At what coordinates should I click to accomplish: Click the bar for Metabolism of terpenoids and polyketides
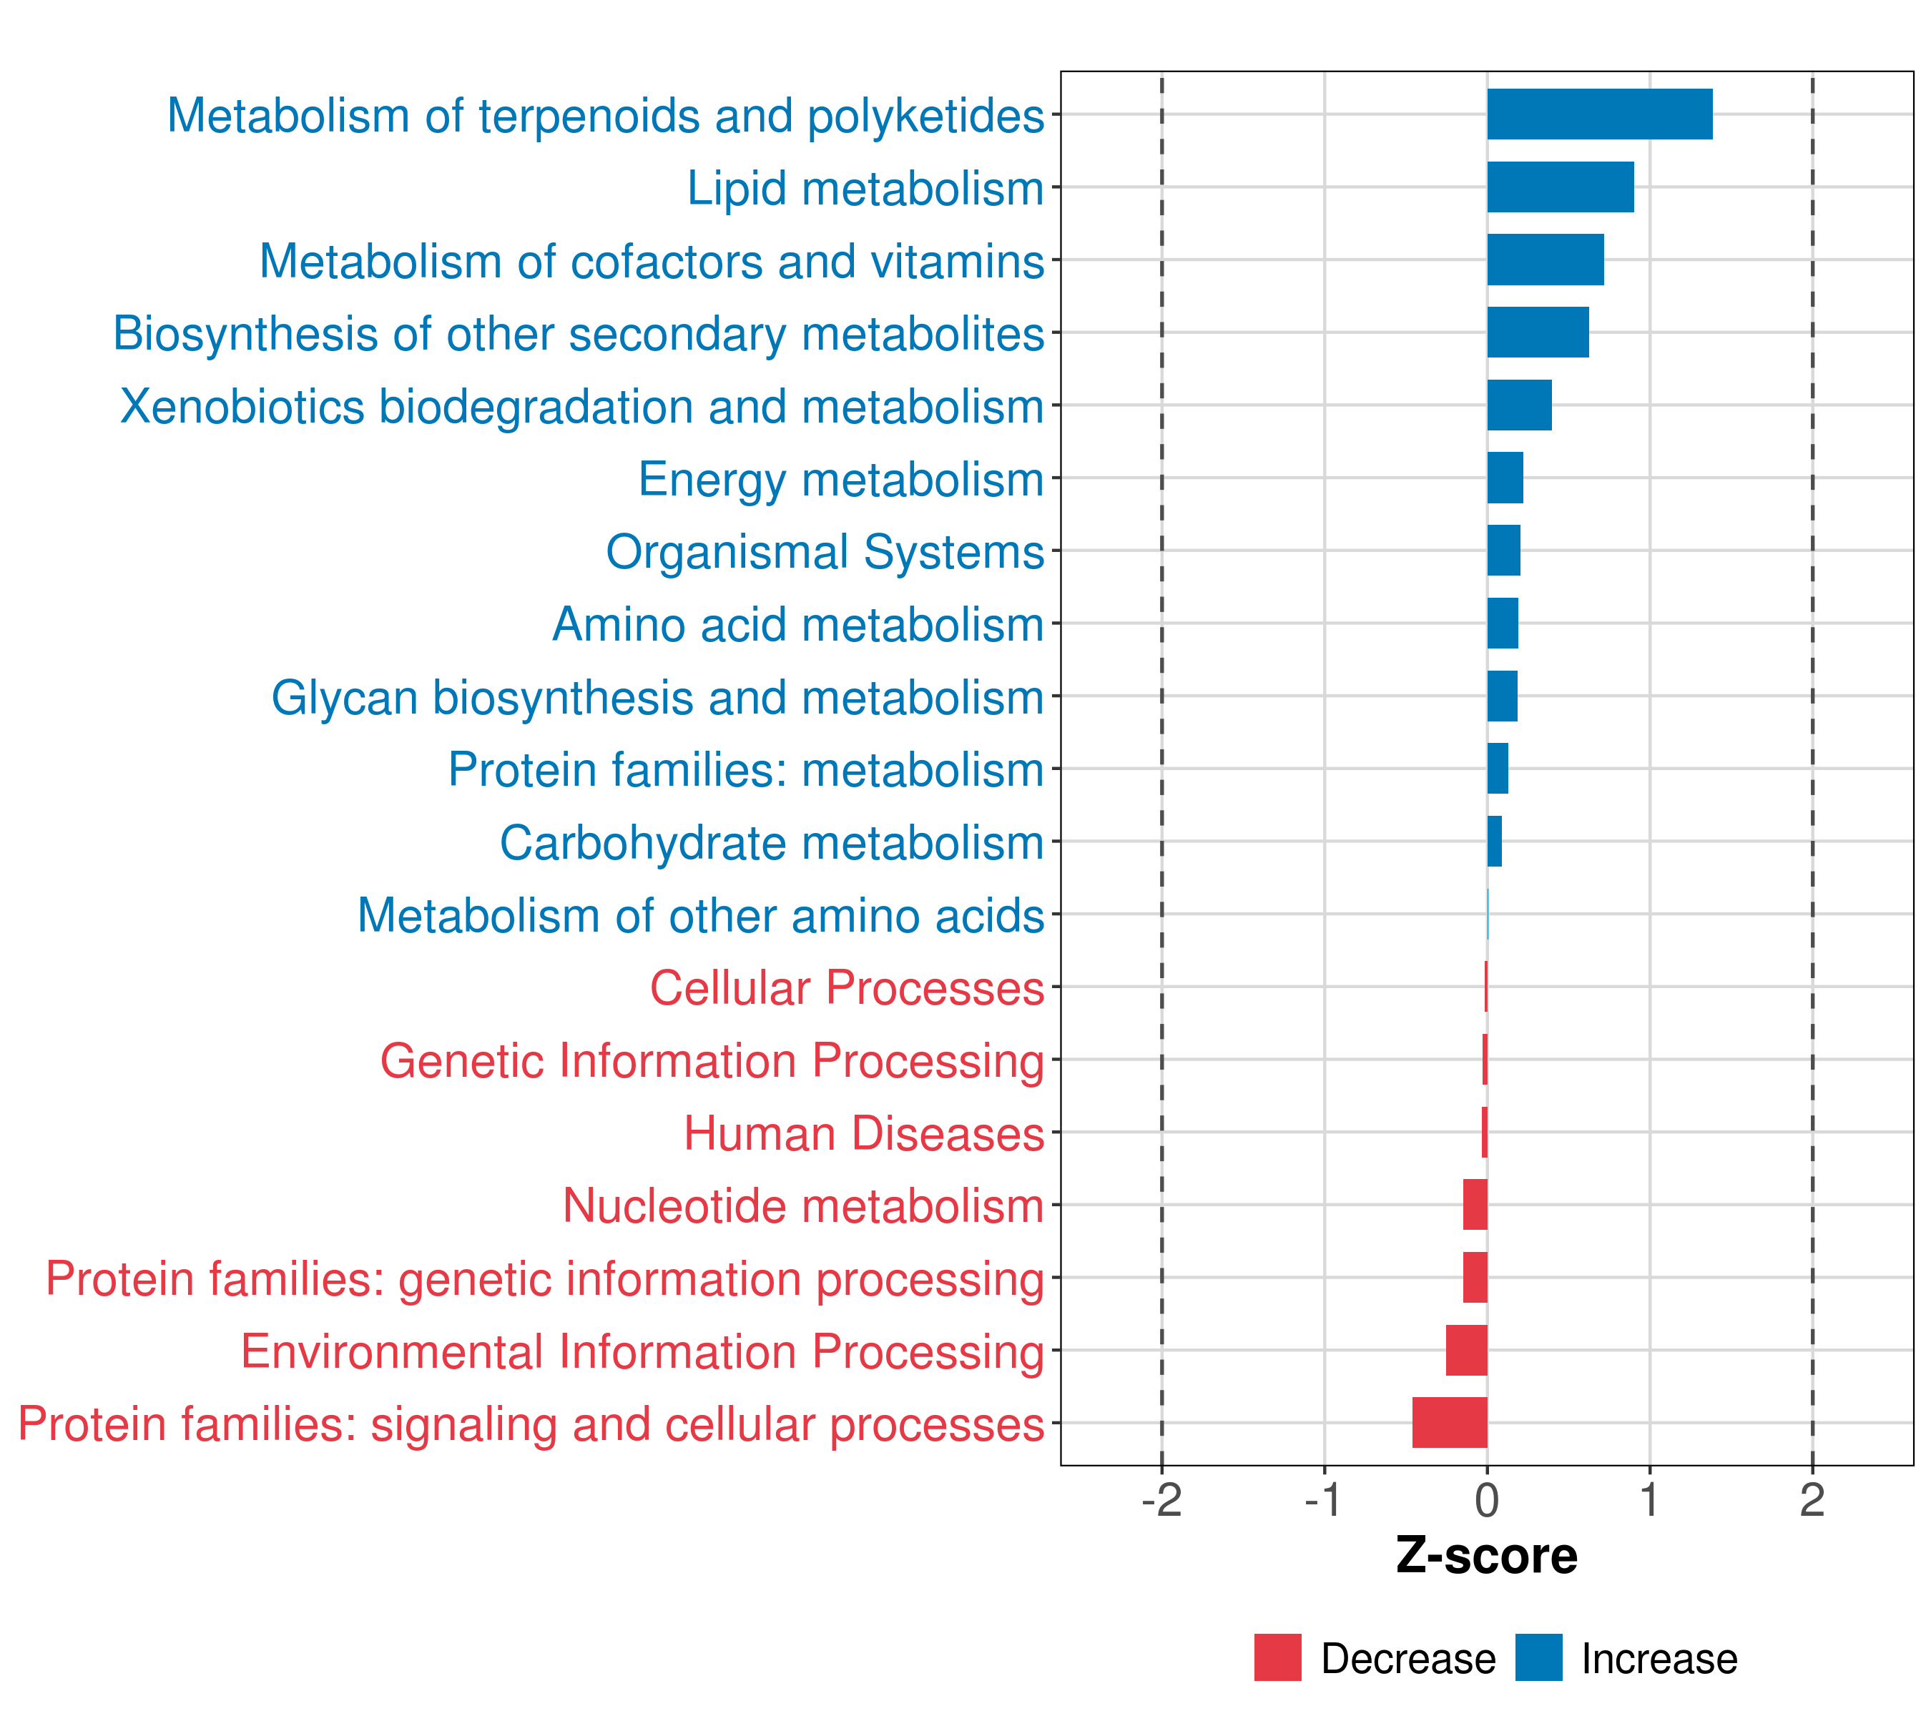tap(1599, 114)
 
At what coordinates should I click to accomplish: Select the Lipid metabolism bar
tap(1560, 187)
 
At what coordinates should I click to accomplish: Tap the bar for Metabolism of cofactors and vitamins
tap(1545, 260)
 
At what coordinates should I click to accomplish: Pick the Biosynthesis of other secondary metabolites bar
tap(1537, 332)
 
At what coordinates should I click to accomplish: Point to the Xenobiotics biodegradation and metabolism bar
tap(1519, 405)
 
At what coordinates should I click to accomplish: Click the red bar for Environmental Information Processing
tap(1466, 1350)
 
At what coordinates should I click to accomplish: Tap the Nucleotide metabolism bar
tap(1475, 1204)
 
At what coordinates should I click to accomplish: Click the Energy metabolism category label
tap(841, 479)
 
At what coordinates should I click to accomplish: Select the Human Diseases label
tap(863, 1133)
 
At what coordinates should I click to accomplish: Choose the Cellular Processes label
tap(847, 988)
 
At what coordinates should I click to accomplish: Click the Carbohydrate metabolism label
tap(771, 842)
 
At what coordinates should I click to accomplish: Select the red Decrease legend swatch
tap(1277, 1657)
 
